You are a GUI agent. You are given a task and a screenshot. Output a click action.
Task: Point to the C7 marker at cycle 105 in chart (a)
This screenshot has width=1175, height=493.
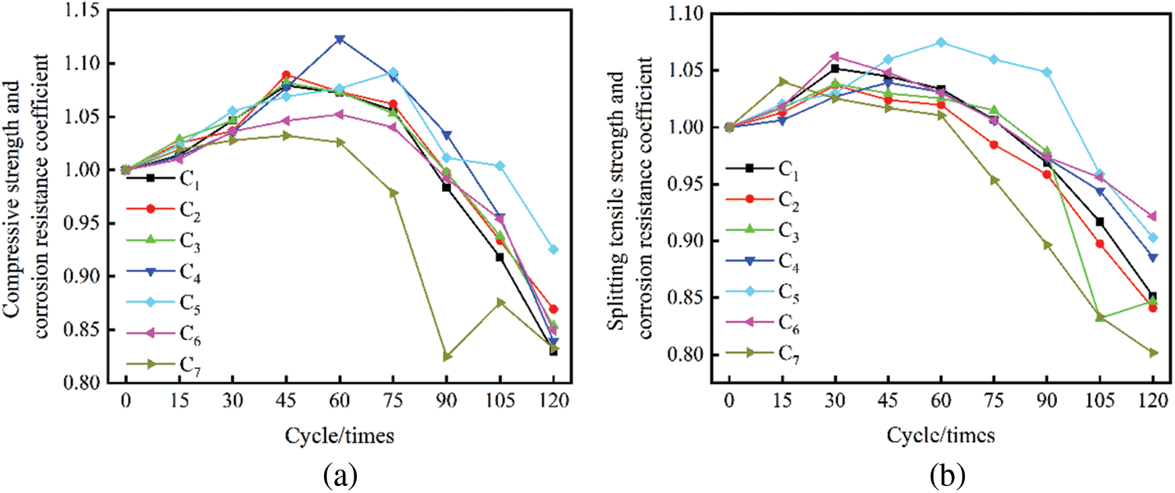pyautogui.click(x=500, y=302)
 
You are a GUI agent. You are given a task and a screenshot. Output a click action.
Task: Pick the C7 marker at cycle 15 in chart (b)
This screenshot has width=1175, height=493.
pyautogui.click(x=782, y=80)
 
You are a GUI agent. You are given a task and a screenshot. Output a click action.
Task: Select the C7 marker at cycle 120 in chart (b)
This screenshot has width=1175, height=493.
pyautogui.click(x=1152, y=353)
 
